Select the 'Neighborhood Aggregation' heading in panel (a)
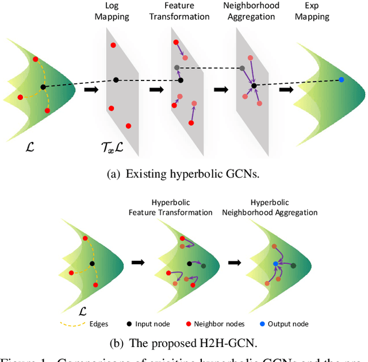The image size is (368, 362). tap(252, 11)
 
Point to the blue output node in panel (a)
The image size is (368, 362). tap(341, 80)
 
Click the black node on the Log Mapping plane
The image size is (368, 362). tap(116, 80)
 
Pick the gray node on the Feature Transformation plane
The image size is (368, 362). tap(177, 68)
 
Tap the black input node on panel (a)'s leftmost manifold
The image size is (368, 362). tap(43, 87)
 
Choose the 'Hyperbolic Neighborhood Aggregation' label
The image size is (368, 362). tap(270, 207)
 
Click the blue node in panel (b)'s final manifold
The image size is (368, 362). tap(276, 264)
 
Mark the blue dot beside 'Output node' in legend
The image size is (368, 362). tap(262, 324)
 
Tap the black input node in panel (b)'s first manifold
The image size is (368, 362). tap(92, 264)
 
